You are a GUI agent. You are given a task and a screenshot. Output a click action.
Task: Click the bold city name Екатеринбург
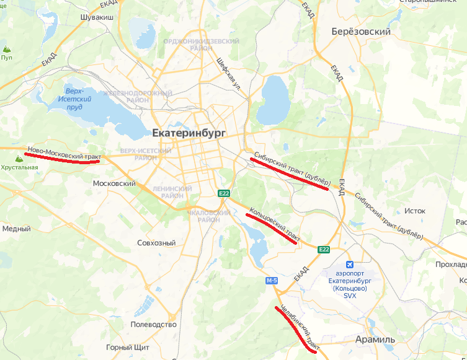click(189, 133)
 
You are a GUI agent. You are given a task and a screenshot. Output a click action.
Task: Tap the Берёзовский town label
click(360, 32)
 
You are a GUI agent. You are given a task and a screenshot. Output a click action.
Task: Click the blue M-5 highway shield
click(271, 281)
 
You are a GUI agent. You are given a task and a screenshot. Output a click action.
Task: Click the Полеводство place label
click(154, 324)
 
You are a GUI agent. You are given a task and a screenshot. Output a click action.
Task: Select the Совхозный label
click(156, 243)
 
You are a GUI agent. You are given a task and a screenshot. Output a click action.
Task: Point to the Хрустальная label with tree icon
click(19, 167)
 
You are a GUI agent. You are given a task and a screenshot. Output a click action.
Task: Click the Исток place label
click(415, 211)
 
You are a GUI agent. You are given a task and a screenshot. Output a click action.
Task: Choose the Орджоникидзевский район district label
click(201, 44)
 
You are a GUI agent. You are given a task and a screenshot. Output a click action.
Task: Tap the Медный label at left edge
click(16, 229)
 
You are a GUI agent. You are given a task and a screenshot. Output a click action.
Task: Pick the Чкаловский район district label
click(202, 216)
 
